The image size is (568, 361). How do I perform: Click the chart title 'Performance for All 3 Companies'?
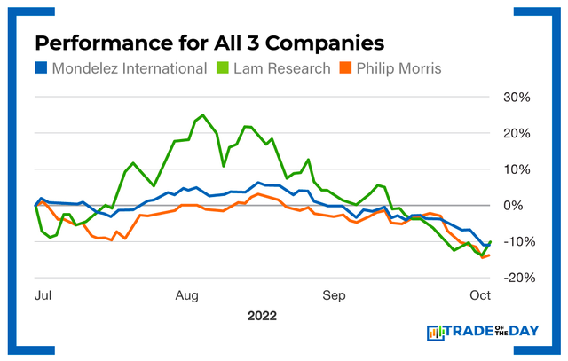click(x=210, y=43)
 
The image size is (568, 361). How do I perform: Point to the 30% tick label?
click(x=517, y=97)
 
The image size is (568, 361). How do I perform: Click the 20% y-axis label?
click(x=517, y=133)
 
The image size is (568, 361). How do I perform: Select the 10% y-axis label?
click(x=517, y=169)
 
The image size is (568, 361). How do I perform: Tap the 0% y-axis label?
click(x=521, y=205)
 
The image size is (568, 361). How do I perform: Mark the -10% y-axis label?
click(x=516, y=241)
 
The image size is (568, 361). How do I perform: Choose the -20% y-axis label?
click(x=516, y=278)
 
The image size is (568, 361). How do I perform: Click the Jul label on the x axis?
click(x=42, y=294)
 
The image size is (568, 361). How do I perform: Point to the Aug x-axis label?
click(x=186, y=294)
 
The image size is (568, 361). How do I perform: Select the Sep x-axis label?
click(x=334, y=294)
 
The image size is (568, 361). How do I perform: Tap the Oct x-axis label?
click(x=479, y=294)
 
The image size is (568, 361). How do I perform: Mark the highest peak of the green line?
click(x=202, y=115)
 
